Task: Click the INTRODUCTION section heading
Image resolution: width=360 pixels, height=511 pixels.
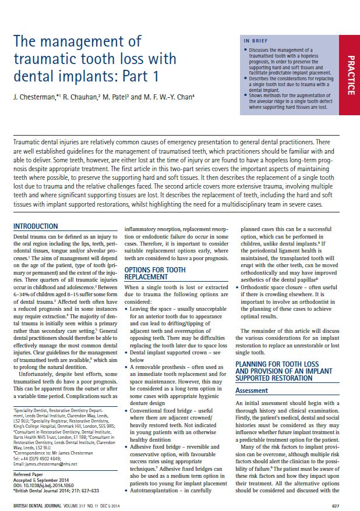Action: [x=36, y=226]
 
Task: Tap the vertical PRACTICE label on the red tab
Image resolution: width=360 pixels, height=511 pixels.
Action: [x=351, y=75]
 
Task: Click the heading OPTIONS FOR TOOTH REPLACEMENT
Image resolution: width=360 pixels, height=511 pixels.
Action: [x=155, y=274]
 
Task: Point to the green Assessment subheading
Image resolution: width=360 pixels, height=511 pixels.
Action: [x=252, y=391]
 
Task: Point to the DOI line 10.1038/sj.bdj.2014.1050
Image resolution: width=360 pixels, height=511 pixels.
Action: [x=50, y=485]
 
